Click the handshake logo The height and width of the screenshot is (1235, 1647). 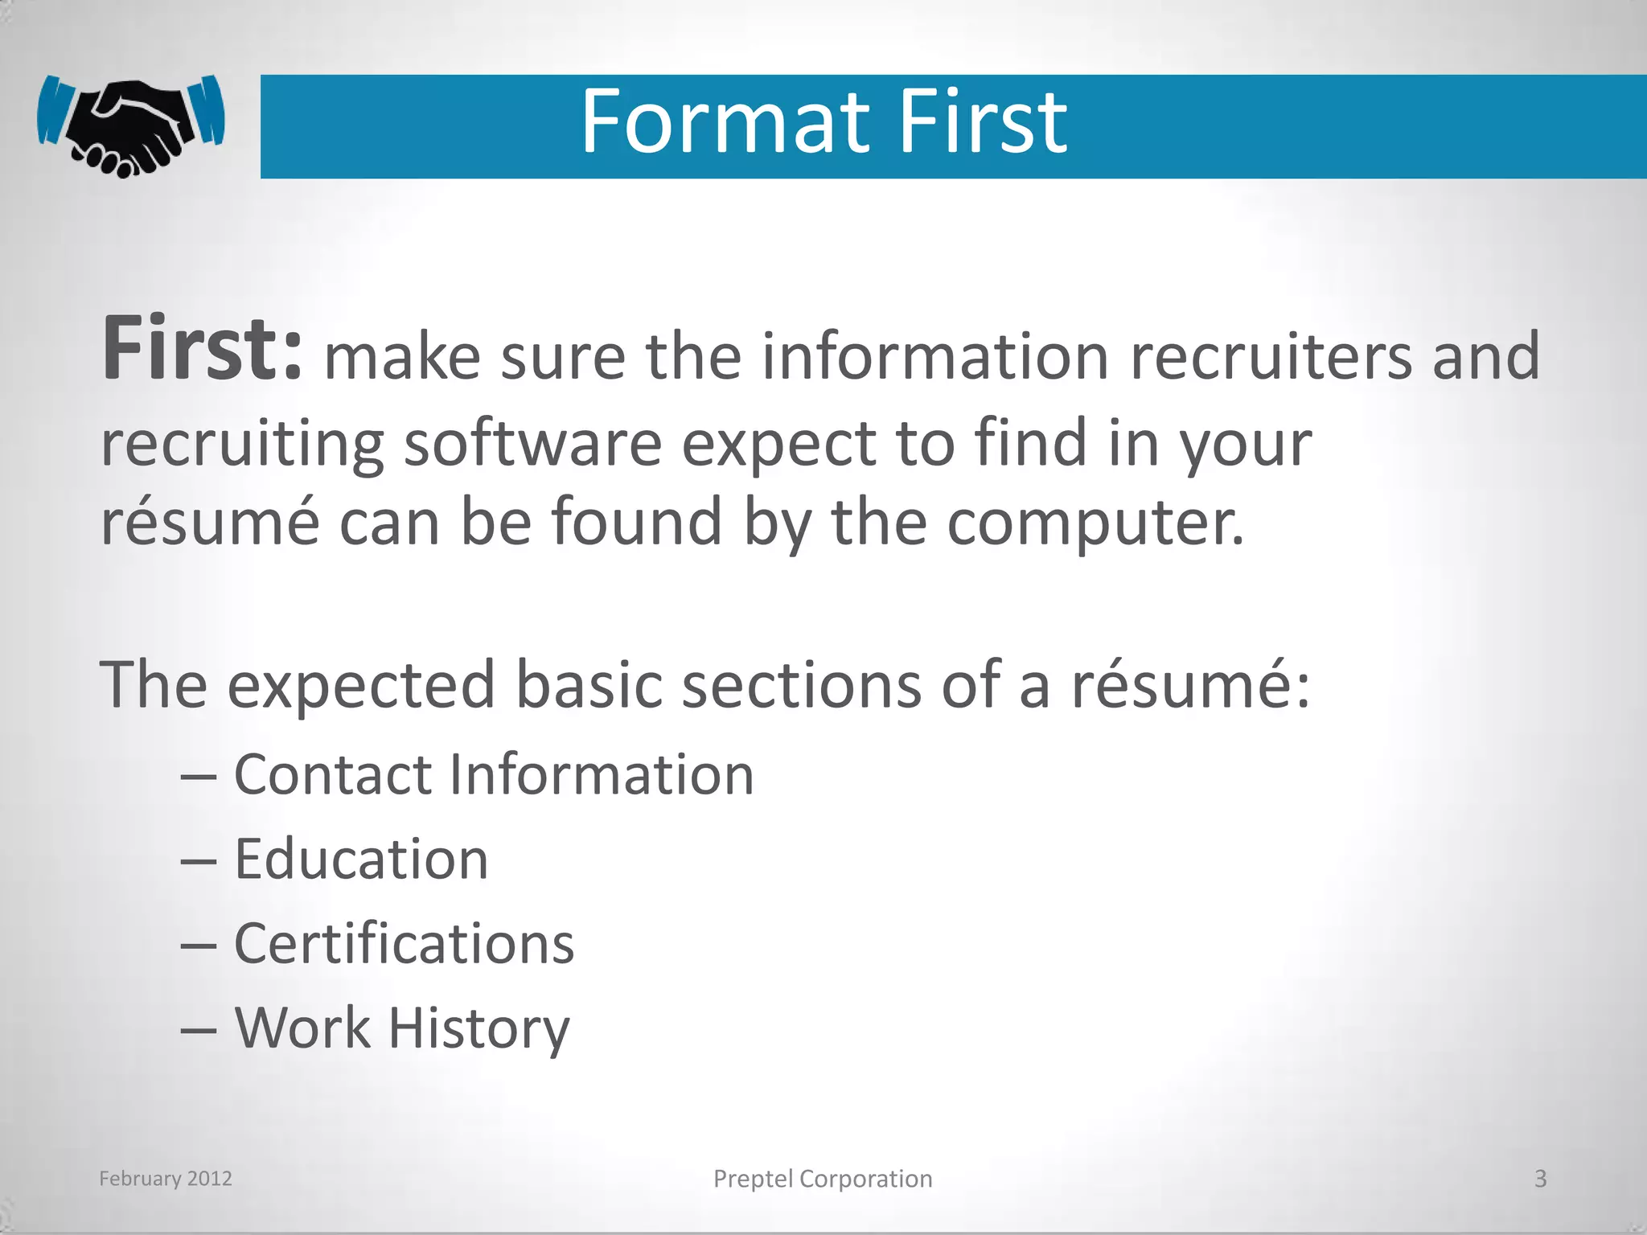click(130, 125)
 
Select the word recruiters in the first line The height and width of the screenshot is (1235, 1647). click(1271, 356)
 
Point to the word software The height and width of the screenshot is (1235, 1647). click(532, 443)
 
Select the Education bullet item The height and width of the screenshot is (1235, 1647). click(361, 860)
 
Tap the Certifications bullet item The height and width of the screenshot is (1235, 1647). click(404, 944)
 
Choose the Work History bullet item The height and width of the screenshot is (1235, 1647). click(401, 1028)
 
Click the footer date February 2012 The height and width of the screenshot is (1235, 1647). click(166, 1179)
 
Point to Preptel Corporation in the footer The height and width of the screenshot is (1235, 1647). click(823, 1179)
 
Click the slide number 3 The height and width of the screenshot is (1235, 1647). click(1540, 1179)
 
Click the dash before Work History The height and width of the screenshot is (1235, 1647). click(198, 1030)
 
